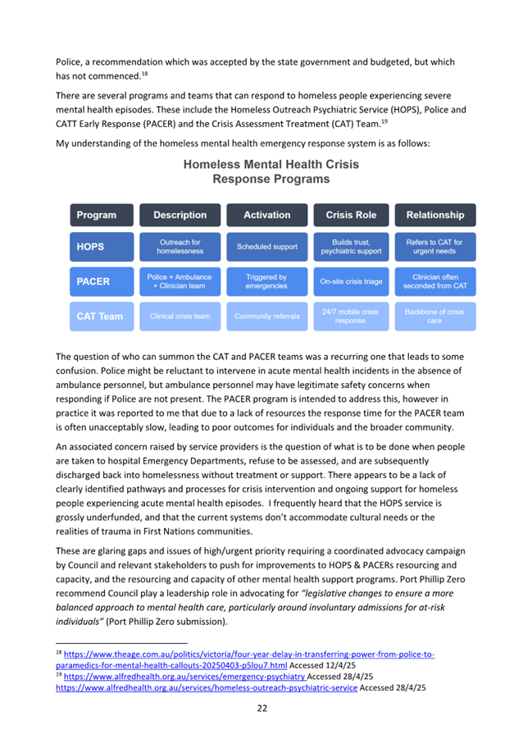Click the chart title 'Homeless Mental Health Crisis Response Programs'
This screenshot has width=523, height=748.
pyautogui.click(x=271, y=171)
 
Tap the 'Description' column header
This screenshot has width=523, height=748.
pyautogui.click(x=180, y=215)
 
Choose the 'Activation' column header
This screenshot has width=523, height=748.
pyautogui.click(x=266, y=215)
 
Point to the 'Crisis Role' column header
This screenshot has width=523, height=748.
pyautogui.click(x=351, y=215)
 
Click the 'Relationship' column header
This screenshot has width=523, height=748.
pyautogui.click(x=434, y=215)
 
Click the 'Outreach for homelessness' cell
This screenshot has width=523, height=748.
pyautogui.click(x=180, y=246)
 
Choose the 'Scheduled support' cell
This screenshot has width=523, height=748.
pyautogui.click(x=266, y=246)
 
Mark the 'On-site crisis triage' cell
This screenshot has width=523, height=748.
pyautogui.click(x=351, y=281)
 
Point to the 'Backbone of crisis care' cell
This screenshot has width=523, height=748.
pyautogui.click(x=434, y=316)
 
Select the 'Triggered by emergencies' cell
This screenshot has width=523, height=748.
pyautogui.click(x=266, y=281)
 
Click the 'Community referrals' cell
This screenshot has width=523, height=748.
pyautogui.click(x=266, y=316)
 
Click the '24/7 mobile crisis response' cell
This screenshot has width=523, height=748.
pyautogui.click(x=351, y=316)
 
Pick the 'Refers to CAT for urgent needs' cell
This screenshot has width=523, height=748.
pyautogui.click(x=434, y=246)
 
